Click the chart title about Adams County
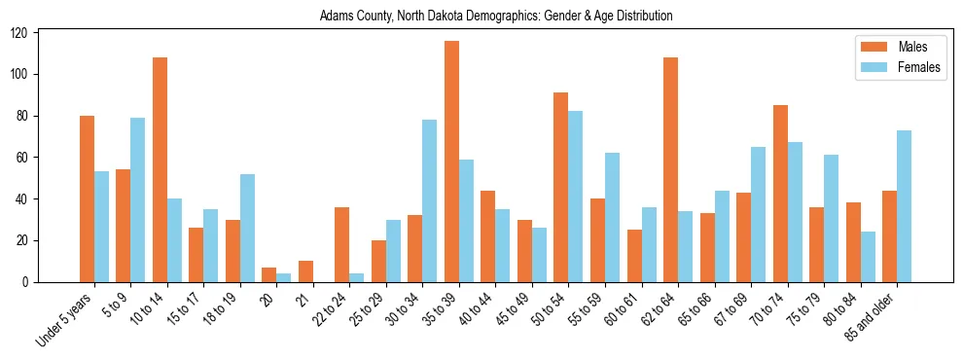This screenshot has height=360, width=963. click(496, 16)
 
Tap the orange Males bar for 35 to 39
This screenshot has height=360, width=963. click(451, 162)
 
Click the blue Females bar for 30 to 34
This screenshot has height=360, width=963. click(430, 200)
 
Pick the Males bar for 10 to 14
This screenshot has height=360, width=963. click(160, 169)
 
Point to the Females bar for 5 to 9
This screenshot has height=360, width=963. click(138, 199)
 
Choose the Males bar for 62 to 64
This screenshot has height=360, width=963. click(671, 169)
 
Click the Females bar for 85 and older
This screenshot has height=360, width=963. click(905, 205)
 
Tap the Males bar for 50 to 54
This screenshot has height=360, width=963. click(561, 187)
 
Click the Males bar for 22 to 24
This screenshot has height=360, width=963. click(342, 244)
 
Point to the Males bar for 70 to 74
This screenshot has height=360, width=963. click(780, 194)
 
